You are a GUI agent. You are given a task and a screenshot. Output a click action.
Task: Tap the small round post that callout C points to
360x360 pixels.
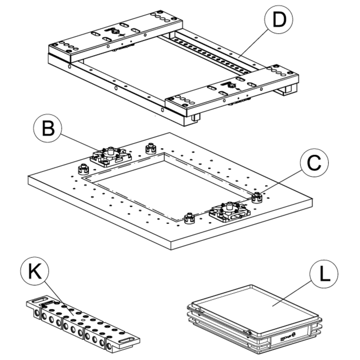coord(257,197)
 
